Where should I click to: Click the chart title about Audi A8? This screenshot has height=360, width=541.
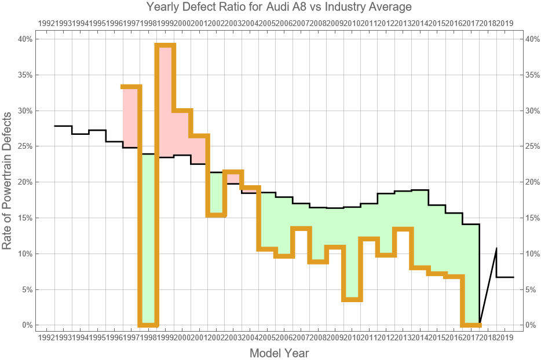tap(270, 8)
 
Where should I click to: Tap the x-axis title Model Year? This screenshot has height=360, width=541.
tap(279, 353)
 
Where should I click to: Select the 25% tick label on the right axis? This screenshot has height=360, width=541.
tap(531, 146)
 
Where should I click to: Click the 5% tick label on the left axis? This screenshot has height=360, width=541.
tap(27, 289)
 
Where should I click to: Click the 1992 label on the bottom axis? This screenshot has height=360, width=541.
tap(46, 337)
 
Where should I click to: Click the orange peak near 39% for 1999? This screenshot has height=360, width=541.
tap(165, 46)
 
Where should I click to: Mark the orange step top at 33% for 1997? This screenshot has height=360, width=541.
tap(131, 87)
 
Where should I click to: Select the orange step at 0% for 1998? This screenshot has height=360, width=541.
tap(148, 325)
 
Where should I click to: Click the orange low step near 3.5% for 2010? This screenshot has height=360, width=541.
tap(352, 299)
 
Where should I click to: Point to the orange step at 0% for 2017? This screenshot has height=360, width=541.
tap(471, 325)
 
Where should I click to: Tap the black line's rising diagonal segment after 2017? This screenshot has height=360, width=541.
tap(488, 286)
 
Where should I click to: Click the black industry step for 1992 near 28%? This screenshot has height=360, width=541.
tap(63, 126)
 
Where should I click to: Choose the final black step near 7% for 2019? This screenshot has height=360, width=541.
tap(505, 277)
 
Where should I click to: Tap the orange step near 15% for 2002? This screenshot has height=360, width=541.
tap(216, 215)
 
